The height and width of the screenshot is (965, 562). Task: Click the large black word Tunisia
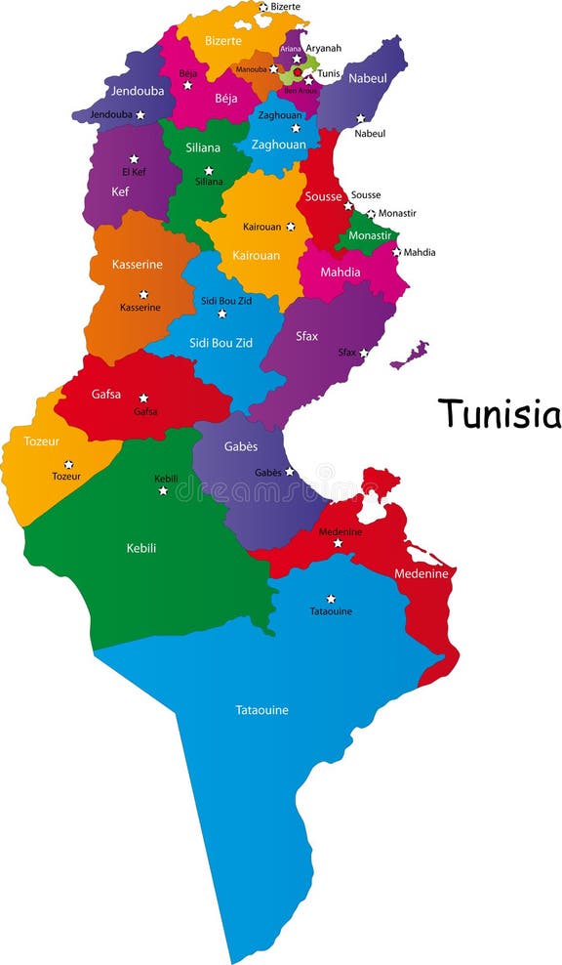(499, 413)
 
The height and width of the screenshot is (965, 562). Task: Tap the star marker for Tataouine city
(331, 599)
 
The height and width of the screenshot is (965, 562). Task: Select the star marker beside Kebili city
(163, 490)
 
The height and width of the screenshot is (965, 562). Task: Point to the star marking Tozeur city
(68, 465)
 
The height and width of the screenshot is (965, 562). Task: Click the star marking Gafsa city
(143, 399)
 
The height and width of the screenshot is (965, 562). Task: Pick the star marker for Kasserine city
(143, 294)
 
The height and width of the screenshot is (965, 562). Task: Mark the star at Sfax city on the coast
(364, 353)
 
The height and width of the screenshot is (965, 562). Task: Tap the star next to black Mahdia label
(396, 252)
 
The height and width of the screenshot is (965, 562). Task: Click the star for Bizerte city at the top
(262, 7)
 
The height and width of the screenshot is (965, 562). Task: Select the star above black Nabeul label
(360, 119)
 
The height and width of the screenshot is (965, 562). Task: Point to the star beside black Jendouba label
(140, 115)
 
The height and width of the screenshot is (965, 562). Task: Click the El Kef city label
(134, 171)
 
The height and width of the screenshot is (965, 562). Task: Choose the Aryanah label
(323, 48)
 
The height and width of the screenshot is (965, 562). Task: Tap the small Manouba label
(251, 69)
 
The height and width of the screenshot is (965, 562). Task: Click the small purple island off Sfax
(409, 355)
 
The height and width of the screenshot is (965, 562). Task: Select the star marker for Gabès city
(289, 472)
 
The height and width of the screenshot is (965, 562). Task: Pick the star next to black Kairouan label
(290, 227)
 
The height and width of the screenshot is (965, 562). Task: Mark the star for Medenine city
(339, 543)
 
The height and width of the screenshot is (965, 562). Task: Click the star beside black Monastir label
(371, 213)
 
